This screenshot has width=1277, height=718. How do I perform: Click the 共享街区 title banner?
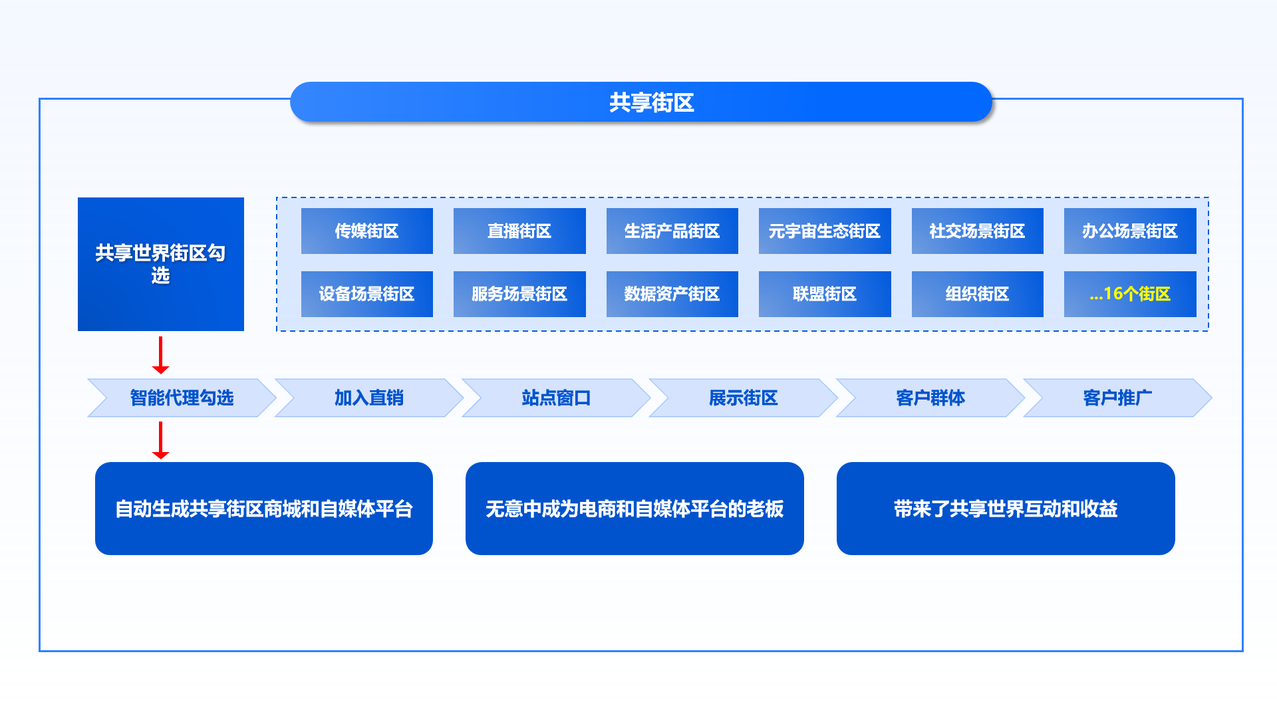(x=641, y=102)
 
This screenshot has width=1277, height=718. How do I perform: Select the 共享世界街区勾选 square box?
(x=161, y=264)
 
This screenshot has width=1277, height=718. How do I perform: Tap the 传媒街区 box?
(x=367, y=231)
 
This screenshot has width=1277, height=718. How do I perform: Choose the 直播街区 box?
(x=519, y=231)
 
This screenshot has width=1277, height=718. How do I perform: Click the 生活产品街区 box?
(x=672, y=231)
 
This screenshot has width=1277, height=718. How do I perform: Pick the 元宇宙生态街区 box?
(x=825, y=231)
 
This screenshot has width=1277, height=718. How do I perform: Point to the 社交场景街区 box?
(x=977, y=231)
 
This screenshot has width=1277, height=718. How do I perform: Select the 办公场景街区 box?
(x=1130, y=231)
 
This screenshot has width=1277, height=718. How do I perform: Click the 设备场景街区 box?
(x=367, y=294)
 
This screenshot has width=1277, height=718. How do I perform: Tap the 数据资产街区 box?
(x=672, y=294)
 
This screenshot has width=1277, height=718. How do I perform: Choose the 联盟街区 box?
(x=825, y=294)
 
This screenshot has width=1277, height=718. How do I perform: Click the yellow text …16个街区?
(x=1130, y=294)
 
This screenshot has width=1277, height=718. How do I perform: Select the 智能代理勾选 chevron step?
(x=182, y=398)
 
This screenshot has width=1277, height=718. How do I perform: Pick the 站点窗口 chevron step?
(x=556, y=398)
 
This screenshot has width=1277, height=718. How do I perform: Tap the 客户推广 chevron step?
(x=1117, y=398)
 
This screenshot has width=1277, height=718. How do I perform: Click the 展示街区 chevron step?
(x=743, y=398)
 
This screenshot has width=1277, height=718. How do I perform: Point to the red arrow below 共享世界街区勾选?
(x=161, y=355)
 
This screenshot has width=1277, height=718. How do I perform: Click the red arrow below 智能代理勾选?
(x=161, y=440)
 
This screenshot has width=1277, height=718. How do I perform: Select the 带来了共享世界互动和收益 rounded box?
(x=1006, y=509)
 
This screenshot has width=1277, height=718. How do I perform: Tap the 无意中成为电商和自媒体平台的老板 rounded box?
(x=635, y=509)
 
